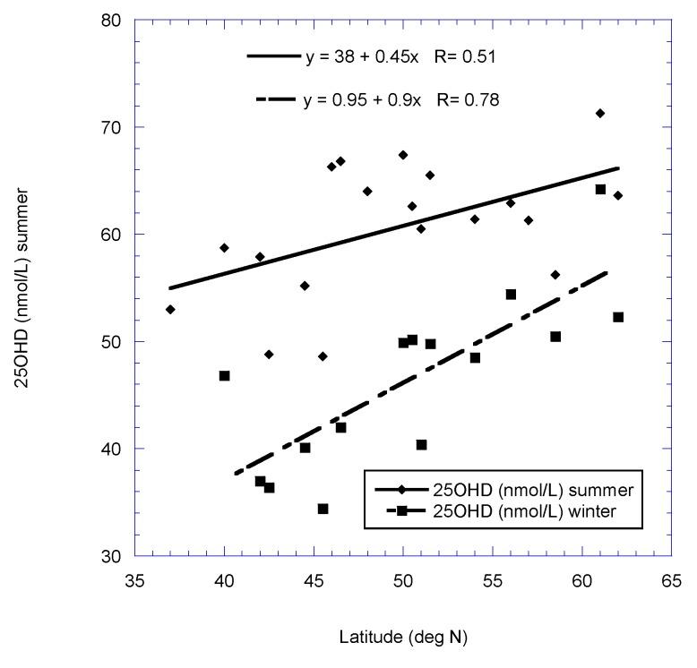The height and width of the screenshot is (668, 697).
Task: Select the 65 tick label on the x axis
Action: (672, 578)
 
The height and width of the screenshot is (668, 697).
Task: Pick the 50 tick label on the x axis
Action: (403, 578)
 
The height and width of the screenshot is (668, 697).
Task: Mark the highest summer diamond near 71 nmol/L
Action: (600, 113)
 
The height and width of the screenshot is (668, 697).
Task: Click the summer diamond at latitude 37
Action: (170, 309)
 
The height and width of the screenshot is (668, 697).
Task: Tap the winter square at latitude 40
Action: (224, 376)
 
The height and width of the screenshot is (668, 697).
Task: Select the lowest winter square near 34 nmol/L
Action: (323, 509)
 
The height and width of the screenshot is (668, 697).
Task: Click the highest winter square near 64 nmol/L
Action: (600, 189)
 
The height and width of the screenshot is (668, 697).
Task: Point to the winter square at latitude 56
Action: (511, 294)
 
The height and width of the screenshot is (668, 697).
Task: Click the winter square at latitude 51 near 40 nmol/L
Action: (421, 445)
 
